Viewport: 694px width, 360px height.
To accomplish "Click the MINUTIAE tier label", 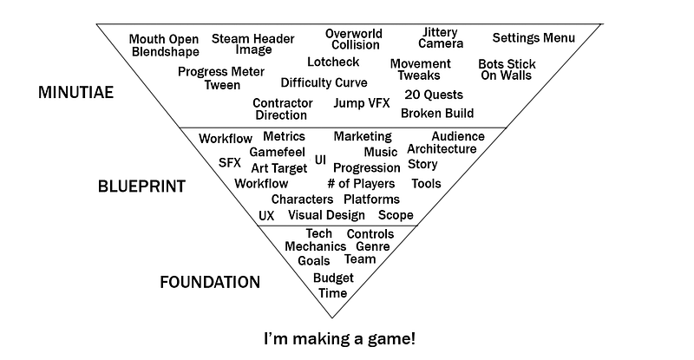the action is [75, 92].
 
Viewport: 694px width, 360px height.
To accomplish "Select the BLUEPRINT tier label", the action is [141, 187].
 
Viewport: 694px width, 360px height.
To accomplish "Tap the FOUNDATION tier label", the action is [210, 282].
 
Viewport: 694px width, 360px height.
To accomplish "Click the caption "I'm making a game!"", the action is [340, 338].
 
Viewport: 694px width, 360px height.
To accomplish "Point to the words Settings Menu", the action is [534, 37].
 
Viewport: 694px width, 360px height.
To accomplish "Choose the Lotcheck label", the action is [333, 62].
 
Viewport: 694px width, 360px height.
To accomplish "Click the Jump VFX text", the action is [362, 102].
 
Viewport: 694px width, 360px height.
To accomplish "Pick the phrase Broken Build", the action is [437, 113].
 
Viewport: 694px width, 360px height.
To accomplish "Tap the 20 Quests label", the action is [434, 95].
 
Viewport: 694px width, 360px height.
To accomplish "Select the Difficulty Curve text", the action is [324, 82].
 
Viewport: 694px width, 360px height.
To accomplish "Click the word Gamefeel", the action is [277, 152].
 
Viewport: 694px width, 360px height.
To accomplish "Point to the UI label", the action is [320, 160].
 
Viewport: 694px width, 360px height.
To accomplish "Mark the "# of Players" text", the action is [361, 183].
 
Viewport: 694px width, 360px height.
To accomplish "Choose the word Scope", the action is [396, 215].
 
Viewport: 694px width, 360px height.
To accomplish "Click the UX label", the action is [266, 216].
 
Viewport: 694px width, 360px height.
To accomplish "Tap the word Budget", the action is [333, 278].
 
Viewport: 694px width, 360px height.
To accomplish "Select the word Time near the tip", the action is [333, 293].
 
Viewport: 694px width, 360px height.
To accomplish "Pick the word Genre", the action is [373, 246].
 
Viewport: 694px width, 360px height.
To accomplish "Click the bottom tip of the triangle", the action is [332, 317].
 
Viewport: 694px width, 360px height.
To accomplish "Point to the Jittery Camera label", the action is [441, 37].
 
